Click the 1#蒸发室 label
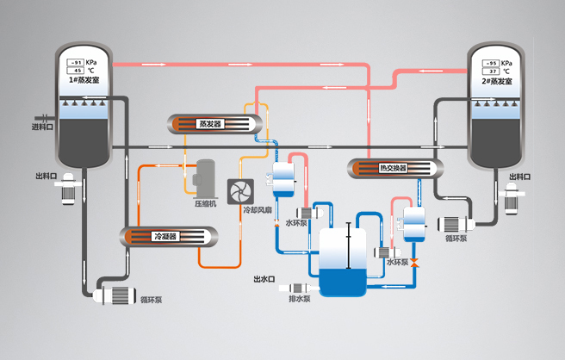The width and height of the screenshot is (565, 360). tap(83, 80)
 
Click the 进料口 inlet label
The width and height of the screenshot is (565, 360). tap(42, 127)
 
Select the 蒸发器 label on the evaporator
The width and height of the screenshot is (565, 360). tap(209, 123)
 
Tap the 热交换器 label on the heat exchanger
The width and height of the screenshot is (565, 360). tap(392, 167)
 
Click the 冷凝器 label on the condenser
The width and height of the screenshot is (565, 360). tap(165, 236)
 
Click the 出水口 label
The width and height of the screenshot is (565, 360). tap(264, 279)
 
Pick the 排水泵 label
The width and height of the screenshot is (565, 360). tap(299, 299)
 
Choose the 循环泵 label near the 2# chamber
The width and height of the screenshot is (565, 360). tap(456, 239)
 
